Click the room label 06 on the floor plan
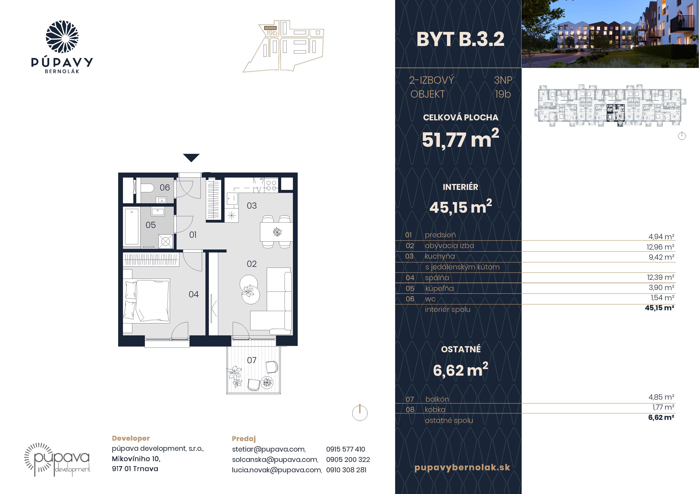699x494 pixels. (x=165, y=188)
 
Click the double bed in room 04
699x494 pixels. (x=146, y=300)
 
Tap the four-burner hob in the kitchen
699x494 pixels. (x=271, y=185)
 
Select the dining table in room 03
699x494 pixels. (x=276, y=232)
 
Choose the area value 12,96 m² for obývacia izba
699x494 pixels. (x=660, y=247)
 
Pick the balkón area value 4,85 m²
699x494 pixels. (x=661, y=397)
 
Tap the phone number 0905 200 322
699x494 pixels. (x=348, y=460)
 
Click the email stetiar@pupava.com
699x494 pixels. (x=269, y=449)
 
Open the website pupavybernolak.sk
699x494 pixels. (x=462, y=467)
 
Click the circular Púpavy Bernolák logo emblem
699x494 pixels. (x=62, y=37)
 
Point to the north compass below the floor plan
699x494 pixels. (x=360, y=413)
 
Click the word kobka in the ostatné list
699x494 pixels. (x=435, y=410)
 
